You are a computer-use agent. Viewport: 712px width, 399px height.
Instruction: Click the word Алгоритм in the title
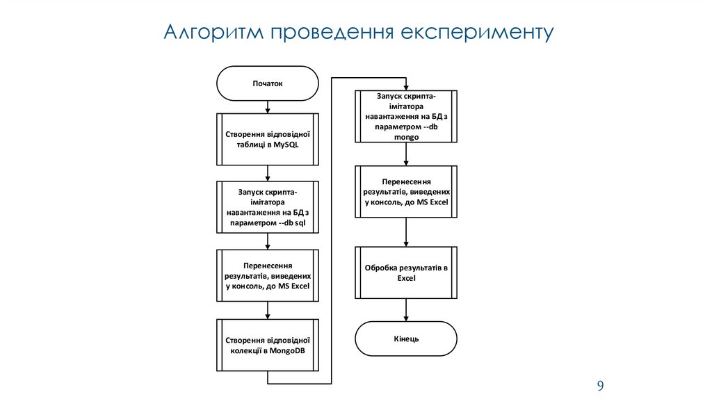(209, 33)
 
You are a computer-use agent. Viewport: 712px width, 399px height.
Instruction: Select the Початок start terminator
(268, 84)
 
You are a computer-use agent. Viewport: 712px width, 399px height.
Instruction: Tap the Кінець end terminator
(406, 339)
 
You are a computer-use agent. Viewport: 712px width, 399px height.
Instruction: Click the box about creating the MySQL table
(268, 139)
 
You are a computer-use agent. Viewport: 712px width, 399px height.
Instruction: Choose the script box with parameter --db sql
(268, 207)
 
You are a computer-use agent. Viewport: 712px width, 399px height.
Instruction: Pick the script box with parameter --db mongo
(406, 116)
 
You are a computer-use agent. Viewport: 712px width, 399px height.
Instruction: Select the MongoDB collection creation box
(268, 345)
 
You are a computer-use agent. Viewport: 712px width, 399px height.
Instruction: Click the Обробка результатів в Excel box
(406, 272)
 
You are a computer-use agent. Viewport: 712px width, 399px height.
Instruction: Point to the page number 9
(599, 386)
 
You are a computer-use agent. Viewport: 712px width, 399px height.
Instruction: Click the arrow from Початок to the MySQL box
(268, 107)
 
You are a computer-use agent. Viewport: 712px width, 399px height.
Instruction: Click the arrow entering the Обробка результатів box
(406, 232)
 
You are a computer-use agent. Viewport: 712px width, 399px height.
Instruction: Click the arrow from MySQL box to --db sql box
(268, 174)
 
